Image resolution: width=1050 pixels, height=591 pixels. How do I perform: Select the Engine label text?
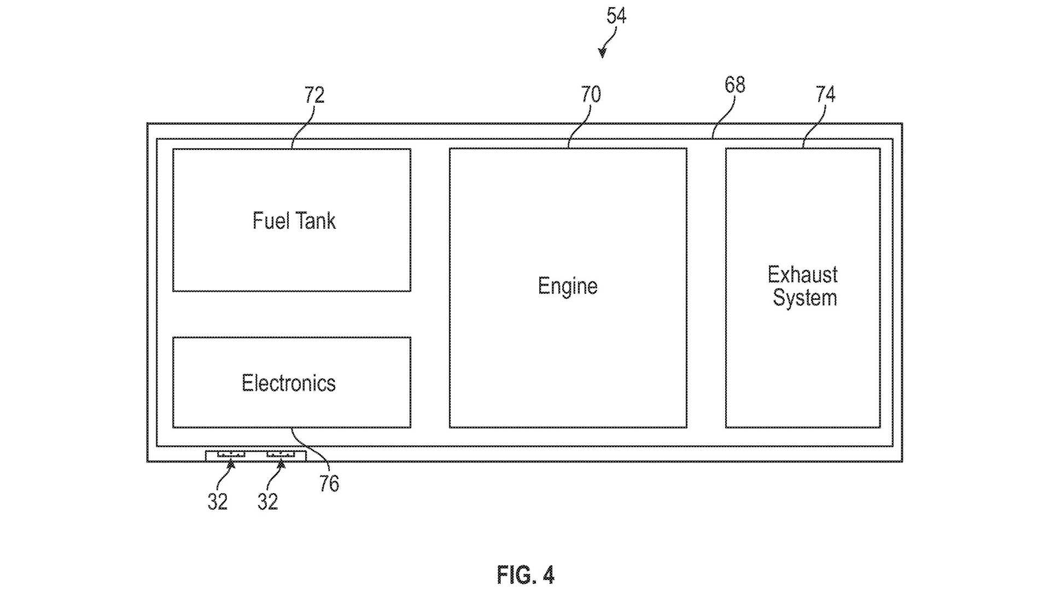(568, 286)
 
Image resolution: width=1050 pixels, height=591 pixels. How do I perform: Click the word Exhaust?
(802, 275)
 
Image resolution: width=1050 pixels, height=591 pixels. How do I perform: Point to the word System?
(804, 298)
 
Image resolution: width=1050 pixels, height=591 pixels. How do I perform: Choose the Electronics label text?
(289, 383)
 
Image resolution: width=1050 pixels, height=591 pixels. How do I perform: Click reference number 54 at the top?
(616, 15)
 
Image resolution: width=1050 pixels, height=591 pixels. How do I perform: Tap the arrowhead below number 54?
(602, 53)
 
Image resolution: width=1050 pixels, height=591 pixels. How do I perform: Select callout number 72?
(314, 95)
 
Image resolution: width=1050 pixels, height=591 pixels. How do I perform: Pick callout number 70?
(591, 94)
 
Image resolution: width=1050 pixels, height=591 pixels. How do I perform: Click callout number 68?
(735, 85)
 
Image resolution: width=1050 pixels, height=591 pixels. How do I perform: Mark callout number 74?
(826, 94)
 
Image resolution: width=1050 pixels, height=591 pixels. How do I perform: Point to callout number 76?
(329, 484)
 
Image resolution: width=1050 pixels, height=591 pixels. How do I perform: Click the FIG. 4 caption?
(526, 575)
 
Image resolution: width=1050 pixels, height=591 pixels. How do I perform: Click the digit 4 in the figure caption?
(549, 575)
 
